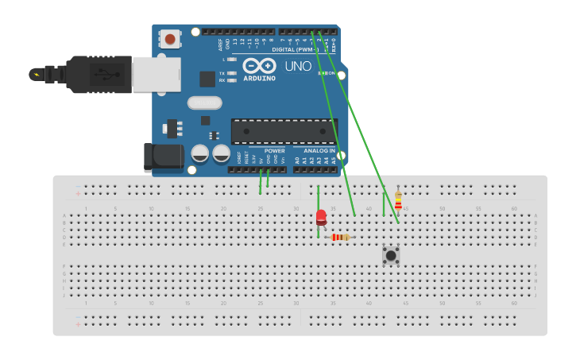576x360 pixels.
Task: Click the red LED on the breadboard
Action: click(321, 216)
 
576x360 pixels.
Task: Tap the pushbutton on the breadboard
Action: click(390, 255)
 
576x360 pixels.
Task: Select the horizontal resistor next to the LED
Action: click(340, 237)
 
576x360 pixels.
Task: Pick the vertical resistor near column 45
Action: click(398, 201)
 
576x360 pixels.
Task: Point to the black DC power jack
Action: click(163, 157)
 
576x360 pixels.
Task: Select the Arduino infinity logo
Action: click(259, 66)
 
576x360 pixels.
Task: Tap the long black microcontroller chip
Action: click(284, 131)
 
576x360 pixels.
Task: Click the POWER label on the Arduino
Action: click(274, 150)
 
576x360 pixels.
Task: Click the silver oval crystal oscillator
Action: click(204, 103)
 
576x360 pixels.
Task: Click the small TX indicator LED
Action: click(231, 73)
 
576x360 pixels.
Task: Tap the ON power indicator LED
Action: click(321, 73)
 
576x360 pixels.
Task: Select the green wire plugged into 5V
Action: click(261, 182)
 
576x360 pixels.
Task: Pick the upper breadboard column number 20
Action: click(223, 209)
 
